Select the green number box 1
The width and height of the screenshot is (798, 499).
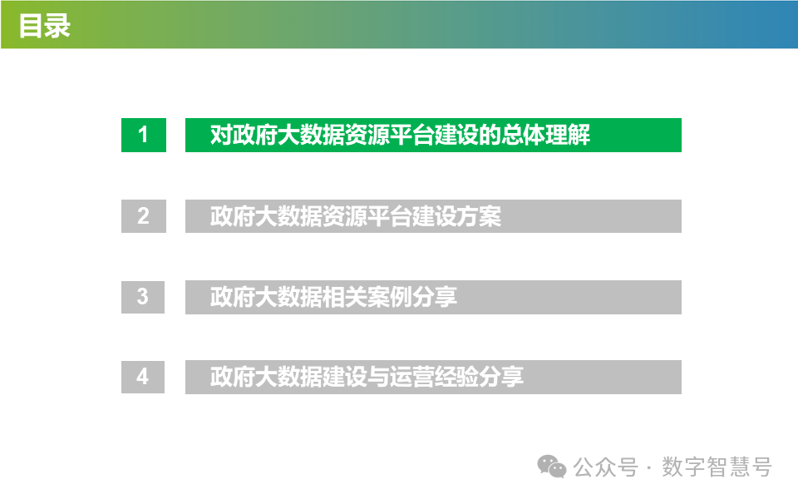point(143,135)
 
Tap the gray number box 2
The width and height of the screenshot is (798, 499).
point(143,216)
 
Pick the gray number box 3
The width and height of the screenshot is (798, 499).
point(143,296)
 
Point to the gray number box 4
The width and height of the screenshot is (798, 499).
point(143,377)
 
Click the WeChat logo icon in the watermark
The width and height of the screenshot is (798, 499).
point(552,467)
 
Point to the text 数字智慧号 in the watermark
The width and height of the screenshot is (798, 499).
point(717,467)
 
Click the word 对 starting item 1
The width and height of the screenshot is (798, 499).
point(220,136)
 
